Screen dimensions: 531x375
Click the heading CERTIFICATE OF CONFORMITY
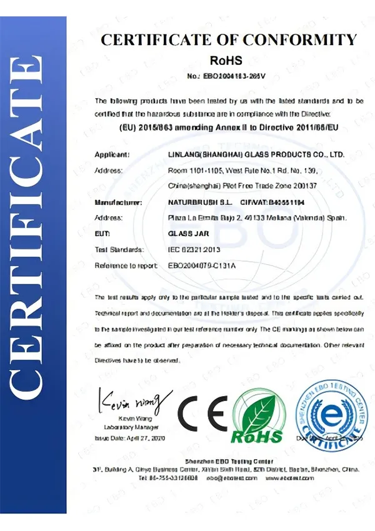click(229, 41)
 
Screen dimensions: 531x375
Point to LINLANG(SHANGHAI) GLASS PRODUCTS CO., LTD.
click(256, 154)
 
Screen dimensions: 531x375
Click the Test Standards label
click(119, 249)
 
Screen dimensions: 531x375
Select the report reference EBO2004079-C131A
click(206, 265)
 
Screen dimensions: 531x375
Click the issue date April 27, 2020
click(136, 439)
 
